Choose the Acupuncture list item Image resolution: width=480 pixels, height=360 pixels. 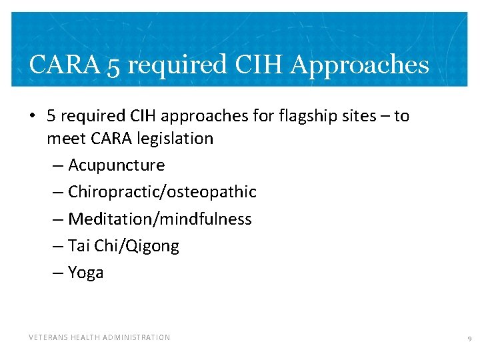[116, 165]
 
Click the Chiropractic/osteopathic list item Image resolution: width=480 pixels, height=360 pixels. [162, 192]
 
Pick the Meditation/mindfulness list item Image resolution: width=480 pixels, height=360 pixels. [160, 219]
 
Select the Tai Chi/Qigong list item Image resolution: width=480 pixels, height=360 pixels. [123, 246]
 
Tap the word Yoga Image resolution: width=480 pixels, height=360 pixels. [86, 273]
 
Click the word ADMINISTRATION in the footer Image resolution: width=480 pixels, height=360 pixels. [137, 337]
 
